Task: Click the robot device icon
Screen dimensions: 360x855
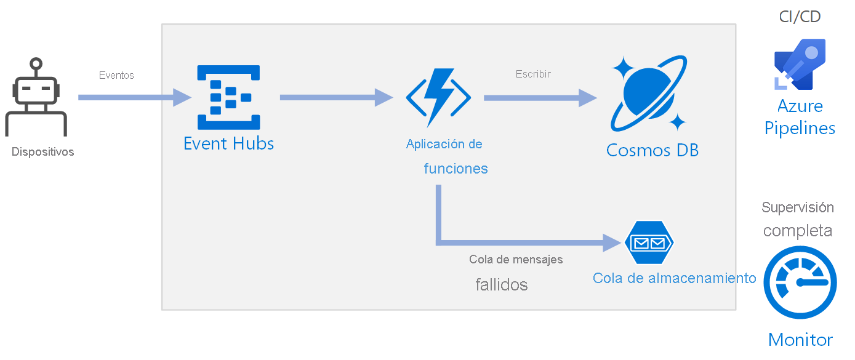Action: pos(36,98)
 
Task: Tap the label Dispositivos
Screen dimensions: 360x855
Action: pos(42,151)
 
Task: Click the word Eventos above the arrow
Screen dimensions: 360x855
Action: pos(116,75)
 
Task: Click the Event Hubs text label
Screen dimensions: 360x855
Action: pos(228,144)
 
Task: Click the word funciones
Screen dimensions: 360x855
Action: pos(456,169)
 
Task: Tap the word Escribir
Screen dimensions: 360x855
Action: pos(533,74)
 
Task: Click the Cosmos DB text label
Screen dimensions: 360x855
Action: pos(652,150)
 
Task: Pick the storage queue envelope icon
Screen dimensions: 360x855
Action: pos(649,242)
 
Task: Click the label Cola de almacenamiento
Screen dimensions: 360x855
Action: pos(674,278)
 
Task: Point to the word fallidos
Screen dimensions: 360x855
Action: pos(501,285)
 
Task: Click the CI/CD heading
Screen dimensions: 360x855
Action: pos(800,17)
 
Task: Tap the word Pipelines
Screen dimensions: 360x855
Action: pos(800,128)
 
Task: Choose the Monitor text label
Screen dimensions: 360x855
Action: pos(800,340)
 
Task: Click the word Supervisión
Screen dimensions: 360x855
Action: pos(798,207)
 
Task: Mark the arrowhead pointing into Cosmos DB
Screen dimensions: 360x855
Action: pos(587,98)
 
